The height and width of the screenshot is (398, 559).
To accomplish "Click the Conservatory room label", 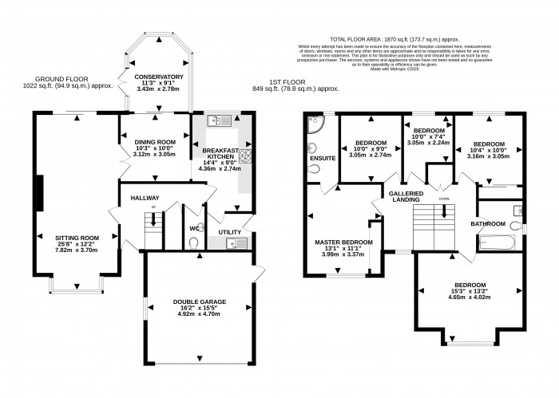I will tap(159, 77).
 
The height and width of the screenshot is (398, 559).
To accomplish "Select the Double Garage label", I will tap(196, 301).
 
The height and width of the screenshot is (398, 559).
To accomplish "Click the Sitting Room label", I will tap(77, 237).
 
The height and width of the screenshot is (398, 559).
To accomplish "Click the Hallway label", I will tap(145, 198).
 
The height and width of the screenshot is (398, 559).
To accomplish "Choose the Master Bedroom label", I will tap(343, 242).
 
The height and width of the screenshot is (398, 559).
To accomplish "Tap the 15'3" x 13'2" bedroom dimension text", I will tap(471, 296).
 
